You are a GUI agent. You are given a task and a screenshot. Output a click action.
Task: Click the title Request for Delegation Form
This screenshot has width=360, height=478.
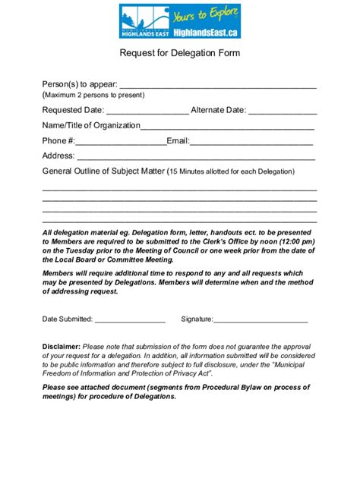[x=179, y=54]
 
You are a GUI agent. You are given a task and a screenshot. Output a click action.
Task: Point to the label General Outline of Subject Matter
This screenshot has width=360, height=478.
[x=103, y=171]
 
